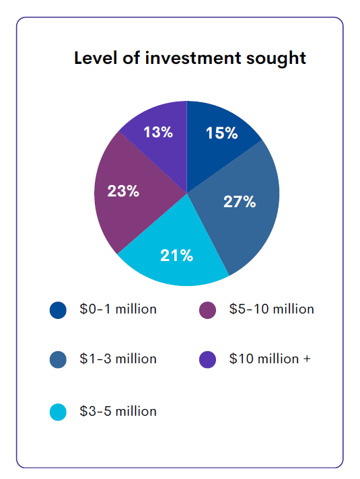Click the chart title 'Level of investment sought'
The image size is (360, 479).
click(x=190, y=58)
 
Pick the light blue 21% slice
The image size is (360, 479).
click(x=178, y=259)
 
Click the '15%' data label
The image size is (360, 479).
click(x=221, y=133)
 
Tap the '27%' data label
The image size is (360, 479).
click(x=240, y=202)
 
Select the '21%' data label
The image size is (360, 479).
click(x=176, y=256)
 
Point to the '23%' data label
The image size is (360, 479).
click(x=123, y=191)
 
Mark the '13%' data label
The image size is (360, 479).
click(x=158, y=132)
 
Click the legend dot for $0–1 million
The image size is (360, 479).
click(x=59, y=310)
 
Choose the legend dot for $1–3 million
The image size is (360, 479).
click(x=59, y=360)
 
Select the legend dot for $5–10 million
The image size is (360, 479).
click(x=208, y=310)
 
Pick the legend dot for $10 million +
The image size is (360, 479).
click(x=208, y=360)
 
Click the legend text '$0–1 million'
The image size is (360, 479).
click(x=118, y=309)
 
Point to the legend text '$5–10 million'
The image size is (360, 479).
click(x=271, y=309)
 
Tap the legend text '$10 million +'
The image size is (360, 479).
click(x=270, y=359)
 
